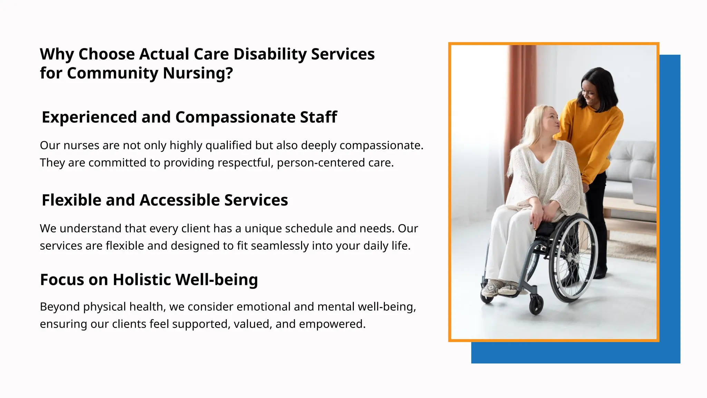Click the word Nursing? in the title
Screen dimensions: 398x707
point(198,73)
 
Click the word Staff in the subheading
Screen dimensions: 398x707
point(318,117)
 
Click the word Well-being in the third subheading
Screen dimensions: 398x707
point(216,279)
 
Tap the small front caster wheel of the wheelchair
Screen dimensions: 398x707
point(536,305)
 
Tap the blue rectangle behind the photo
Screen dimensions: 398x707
point(670,207)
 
